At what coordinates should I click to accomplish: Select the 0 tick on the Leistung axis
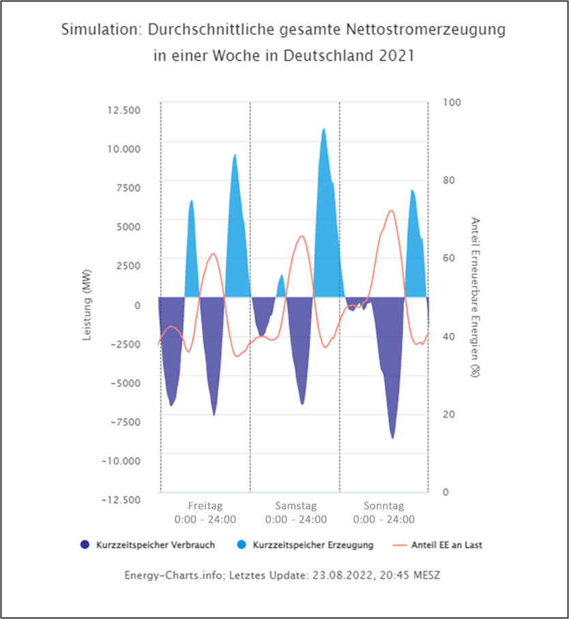(x=137, y=305)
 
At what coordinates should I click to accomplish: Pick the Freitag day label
(x=205, y=506)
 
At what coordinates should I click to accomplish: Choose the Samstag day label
(x=295, y=506)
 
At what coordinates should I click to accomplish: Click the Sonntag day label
(x=383, y=506)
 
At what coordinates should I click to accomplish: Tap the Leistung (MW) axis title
(x=87, y=304)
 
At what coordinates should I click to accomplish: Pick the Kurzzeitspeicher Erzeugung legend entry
(x=312, y=545)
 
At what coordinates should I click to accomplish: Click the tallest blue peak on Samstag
(x=323, y=129)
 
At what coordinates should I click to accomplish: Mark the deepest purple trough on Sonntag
(x=392, y=437)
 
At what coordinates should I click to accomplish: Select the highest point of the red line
(x=391, y=210)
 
